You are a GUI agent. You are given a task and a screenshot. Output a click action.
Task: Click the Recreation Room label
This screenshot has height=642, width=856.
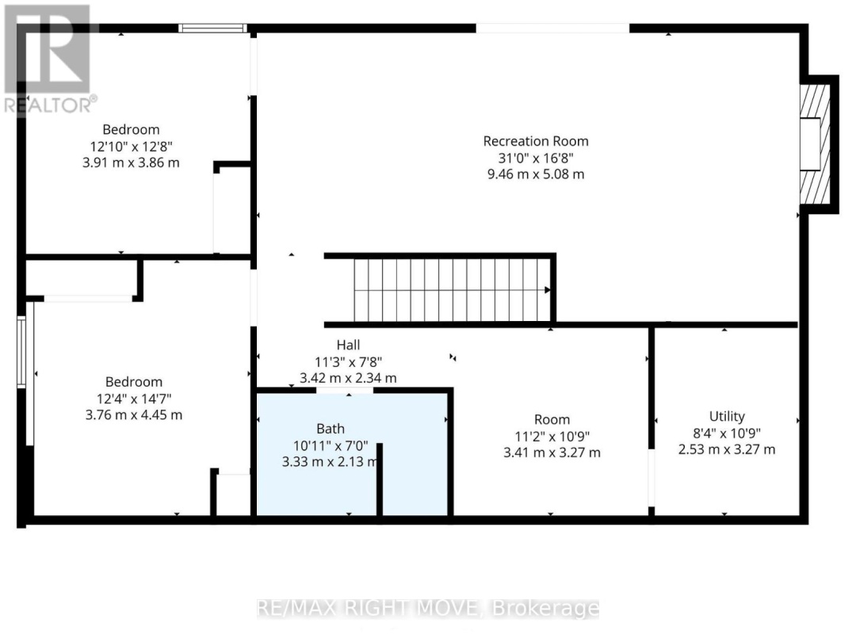[x=536, y=141]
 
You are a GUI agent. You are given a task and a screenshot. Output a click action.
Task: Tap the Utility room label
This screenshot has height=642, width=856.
[x=726, y=416]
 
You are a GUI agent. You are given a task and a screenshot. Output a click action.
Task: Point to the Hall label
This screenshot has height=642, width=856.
[x=348, y=345]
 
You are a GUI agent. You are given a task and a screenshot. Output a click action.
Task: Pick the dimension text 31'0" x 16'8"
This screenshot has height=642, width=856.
[x=536, y=158]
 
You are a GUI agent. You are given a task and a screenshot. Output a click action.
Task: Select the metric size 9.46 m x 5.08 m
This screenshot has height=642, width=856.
[x=536, y=174]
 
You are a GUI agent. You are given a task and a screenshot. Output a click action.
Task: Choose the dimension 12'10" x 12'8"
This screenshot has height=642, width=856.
[x=131, y=146]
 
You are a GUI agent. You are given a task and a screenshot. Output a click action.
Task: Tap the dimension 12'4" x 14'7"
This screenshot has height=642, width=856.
[x=134, y=398]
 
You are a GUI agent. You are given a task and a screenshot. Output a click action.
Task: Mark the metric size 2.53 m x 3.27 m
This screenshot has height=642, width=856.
[x=726, y=449]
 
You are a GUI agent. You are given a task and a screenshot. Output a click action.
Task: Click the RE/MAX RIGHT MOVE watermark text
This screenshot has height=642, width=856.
[x=428, y=609]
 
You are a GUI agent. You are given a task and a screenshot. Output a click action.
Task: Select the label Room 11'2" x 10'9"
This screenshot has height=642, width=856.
[x=552, y=419]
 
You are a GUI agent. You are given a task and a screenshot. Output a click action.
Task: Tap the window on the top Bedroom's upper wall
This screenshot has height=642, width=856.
[x=212, y=29]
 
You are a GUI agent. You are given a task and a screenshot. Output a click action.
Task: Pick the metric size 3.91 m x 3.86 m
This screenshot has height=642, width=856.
[x=131, y=162]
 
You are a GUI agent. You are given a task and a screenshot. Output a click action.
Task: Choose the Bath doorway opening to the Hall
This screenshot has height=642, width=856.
[x=345, y=391]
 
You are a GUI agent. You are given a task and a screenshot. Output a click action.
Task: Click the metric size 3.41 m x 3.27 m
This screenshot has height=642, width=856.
[x=552, y=453]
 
